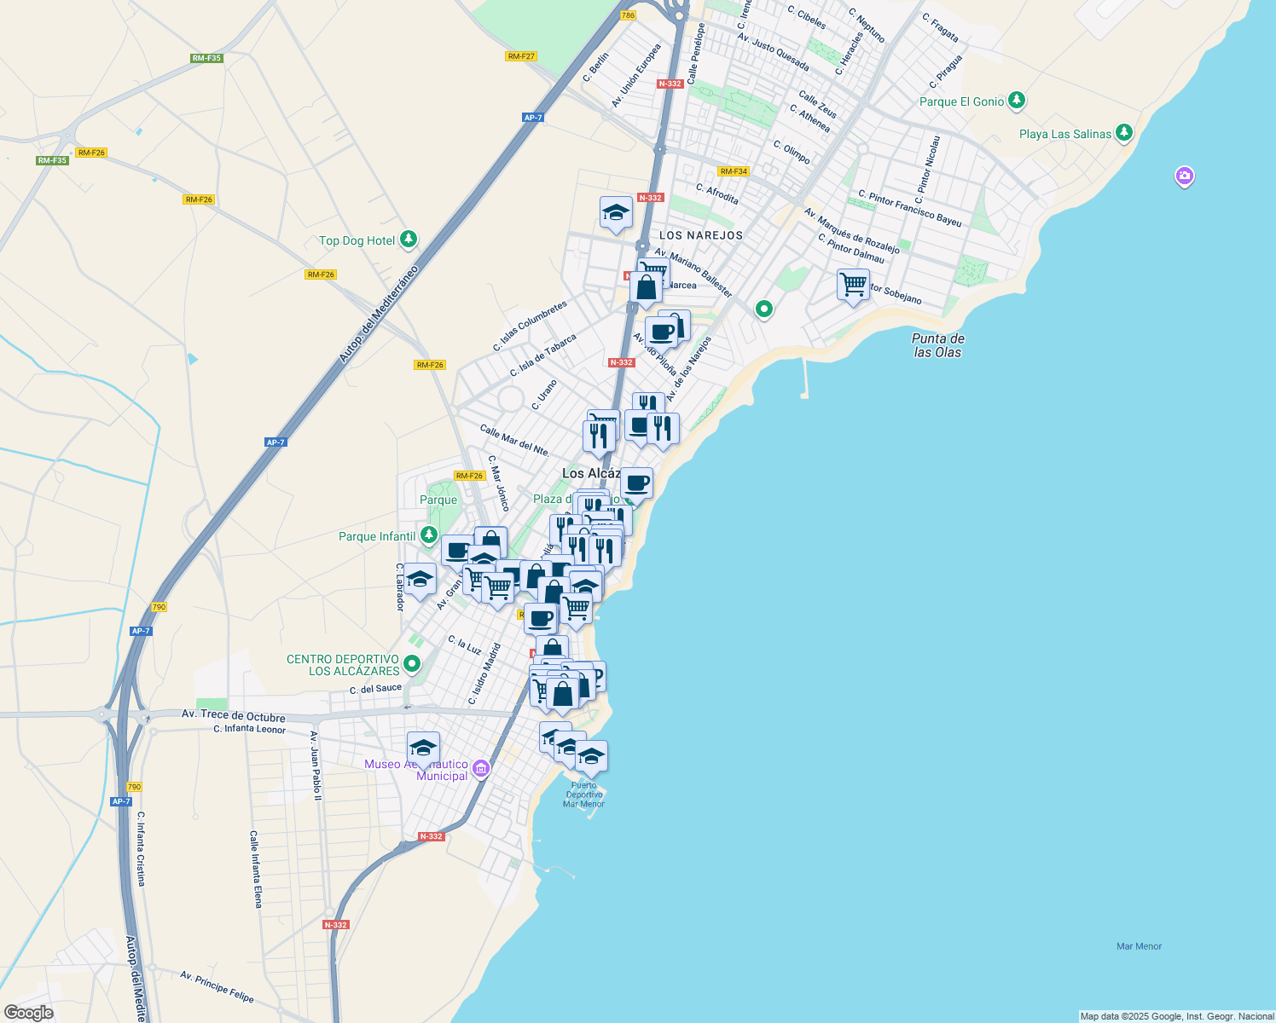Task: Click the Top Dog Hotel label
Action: point(357,241)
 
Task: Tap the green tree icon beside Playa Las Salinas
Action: point(1124,133)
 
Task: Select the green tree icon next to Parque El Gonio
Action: point(1016,101)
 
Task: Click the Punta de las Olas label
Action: point(937,345)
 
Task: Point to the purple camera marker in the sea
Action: point(1184,176)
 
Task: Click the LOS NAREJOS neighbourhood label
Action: point(701,235)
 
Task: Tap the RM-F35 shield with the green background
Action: point(206,59)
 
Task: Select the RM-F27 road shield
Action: point(520,56)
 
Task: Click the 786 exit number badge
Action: point(629,15)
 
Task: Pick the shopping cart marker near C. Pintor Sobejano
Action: point(853,285)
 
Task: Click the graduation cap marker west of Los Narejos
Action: point(615,213)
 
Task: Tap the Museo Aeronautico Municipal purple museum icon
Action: point(481,769)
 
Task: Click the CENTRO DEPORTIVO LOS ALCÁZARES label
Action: point(343,665)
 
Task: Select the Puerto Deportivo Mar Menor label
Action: point(584,795)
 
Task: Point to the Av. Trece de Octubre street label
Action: point(233,716)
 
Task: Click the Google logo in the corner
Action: point(28,1013)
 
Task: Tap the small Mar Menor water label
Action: point(1139,946)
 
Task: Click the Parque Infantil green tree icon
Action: point(429,535)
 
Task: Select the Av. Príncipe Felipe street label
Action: point(217,986)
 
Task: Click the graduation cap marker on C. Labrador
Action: point(419,580)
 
